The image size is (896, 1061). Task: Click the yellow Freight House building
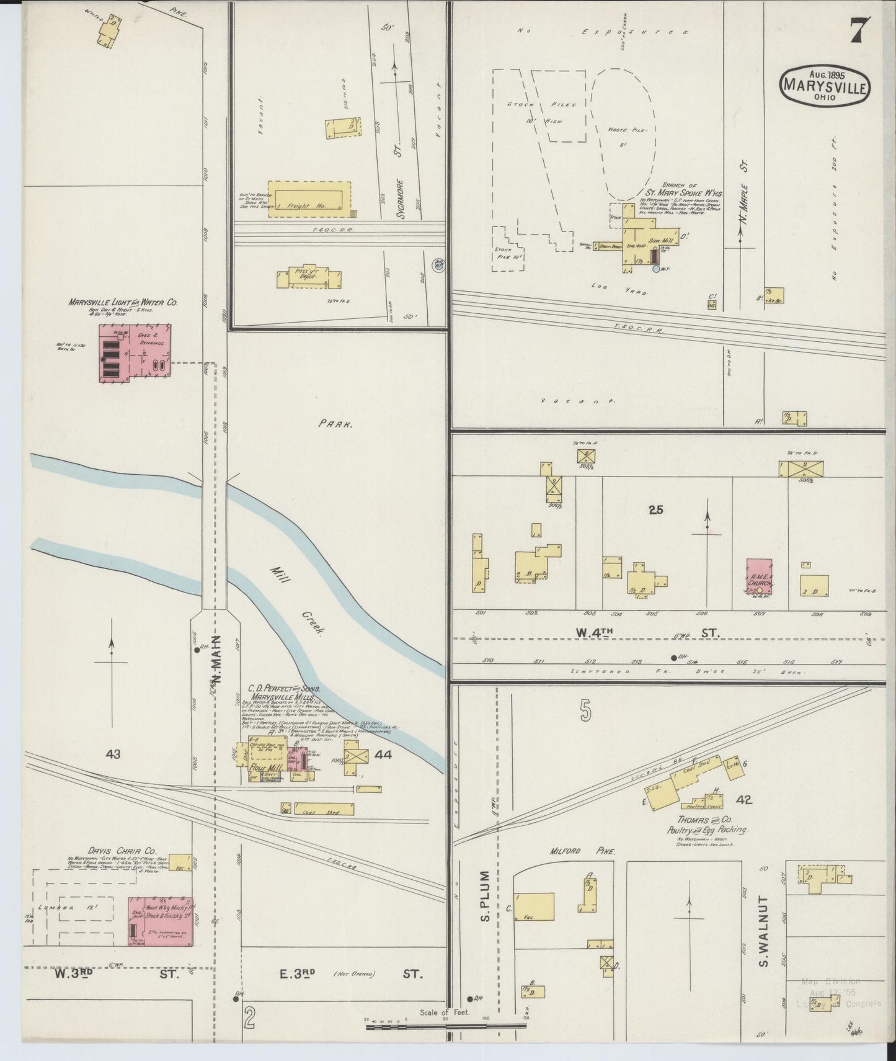tap(309, 195)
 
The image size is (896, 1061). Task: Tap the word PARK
tap(335, 425)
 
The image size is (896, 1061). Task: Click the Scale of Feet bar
tap(445, 1027)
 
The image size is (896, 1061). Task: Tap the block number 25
tap(655, 510)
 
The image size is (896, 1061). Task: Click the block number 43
tap(113, 754)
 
